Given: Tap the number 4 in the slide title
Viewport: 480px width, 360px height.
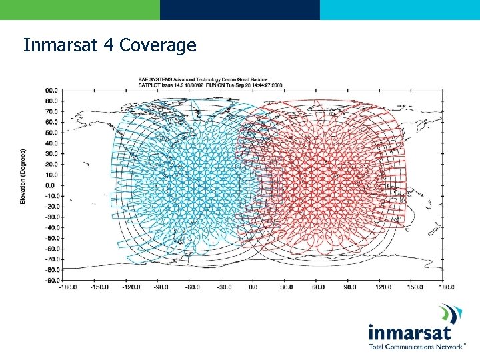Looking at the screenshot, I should [109, 45].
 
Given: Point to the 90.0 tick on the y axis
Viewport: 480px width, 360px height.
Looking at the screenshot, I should [51, 90].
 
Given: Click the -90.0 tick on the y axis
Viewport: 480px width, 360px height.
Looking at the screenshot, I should [50, 280].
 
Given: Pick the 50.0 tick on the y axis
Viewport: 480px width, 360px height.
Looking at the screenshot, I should [51, 132].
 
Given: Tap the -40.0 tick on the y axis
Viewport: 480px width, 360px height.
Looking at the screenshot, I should [50, 227].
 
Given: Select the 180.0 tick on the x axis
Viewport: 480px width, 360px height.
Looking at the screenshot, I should [447, 287].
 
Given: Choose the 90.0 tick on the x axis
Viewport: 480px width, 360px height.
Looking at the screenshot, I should [350, 287].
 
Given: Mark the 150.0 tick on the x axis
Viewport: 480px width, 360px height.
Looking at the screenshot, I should [415, 287].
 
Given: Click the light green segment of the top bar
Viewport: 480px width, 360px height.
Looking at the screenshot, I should [80, 9].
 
